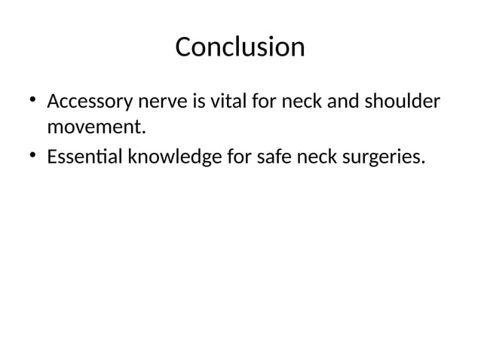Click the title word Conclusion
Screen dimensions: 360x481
coord(240,47)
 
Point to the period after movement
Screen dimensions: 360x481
coord(141,133)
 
